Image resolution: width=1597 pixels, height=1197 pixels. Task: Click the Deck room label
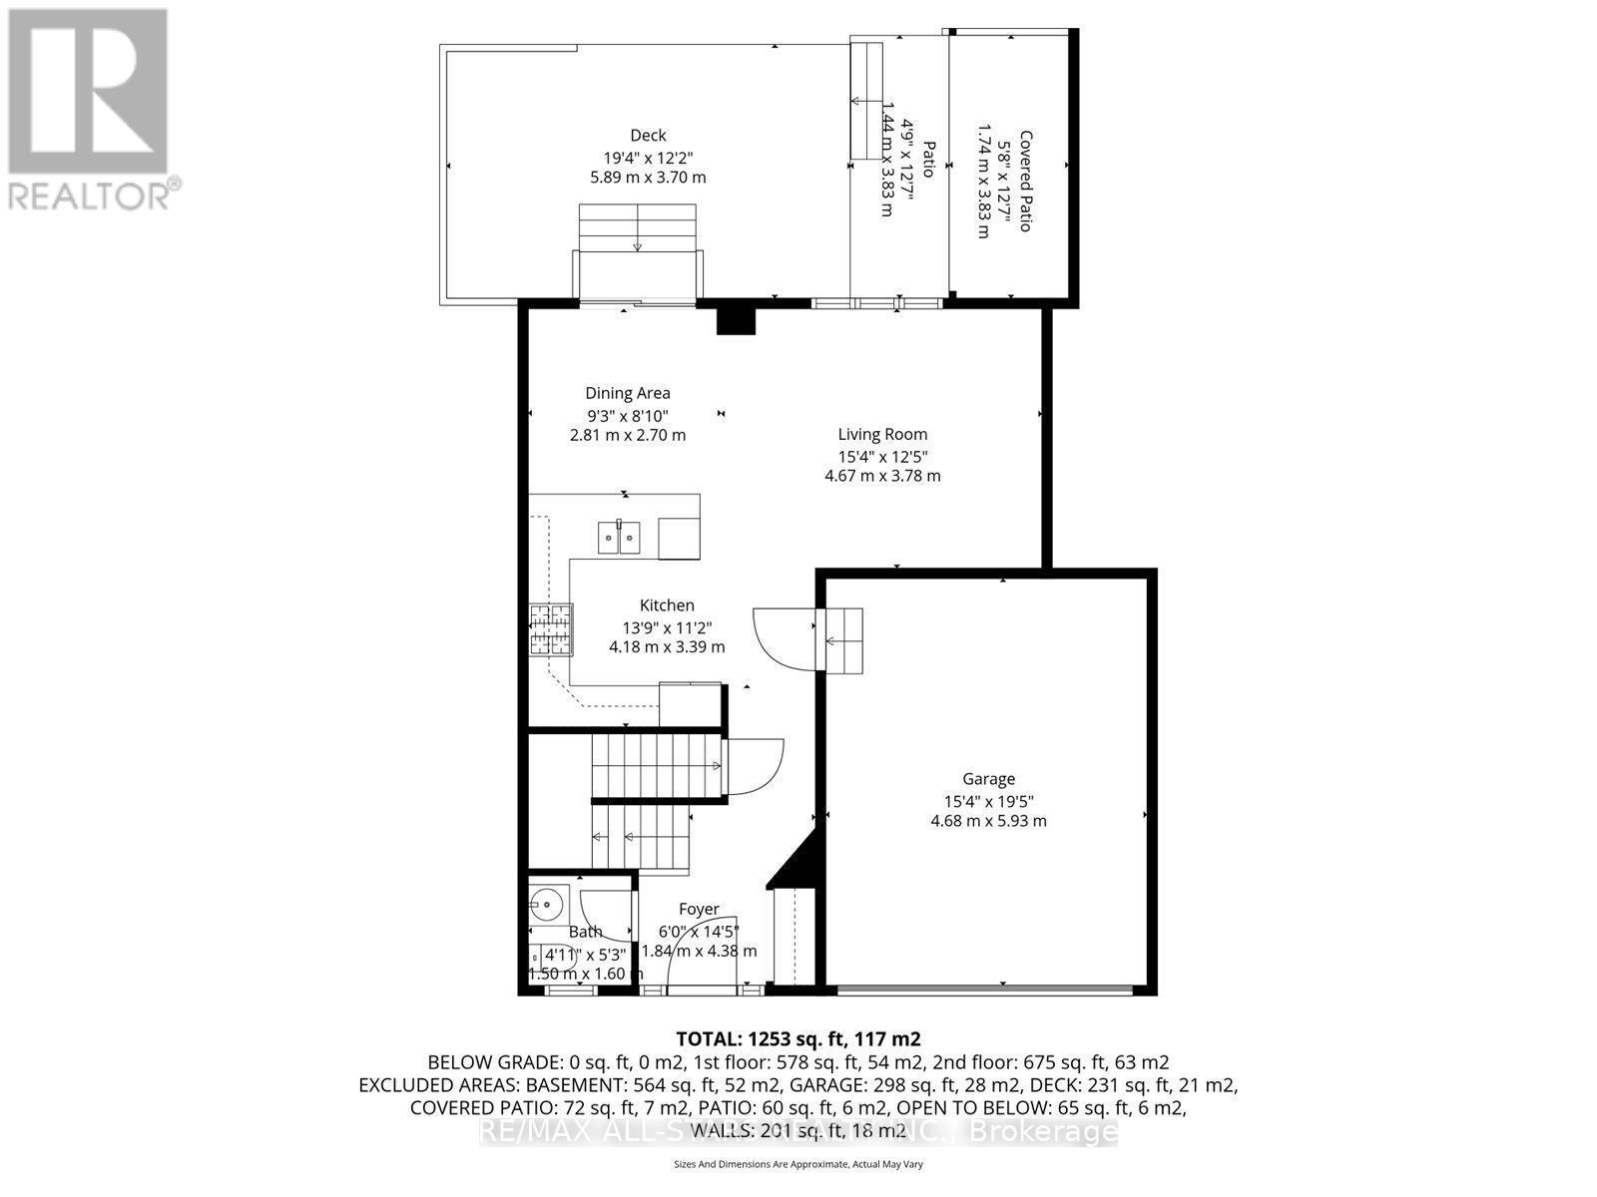click(648, 136)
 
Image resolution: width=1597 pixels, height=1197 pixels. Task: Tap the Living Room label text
click(882, 434)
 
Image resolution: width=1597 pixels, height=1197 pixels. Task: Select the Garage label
click(988, 779)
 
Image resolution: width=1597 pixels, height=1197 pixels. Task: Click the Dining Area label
click(627, 393)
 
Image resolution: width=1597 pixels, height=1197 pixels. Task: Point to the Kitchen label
click(667, 605)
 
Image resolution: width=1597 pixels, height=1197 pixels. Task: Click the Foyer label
click(699, 909)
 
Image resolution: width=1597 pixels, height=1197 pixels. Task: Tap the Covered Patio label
click(1025, 182)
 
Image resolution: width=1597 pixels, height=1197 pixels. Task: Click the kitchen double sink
click(619, 537)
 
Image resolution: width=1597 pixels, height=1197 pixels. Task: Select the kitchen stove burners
click(551, 629)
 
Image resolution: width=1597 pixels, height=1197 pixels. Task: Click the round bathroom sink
click(545, 906)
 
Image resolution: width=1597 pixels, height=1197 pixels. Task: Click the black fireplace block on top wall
click(737, 320)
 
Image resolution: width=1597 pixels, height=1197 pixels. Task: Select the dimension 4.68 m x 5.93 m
click(988, 821)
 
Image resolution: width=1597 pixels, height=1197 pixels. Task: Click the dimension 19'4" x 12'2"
click(648, 158)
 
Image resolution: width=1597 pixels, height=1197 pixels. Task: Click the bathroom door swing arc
click(605, 914)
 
